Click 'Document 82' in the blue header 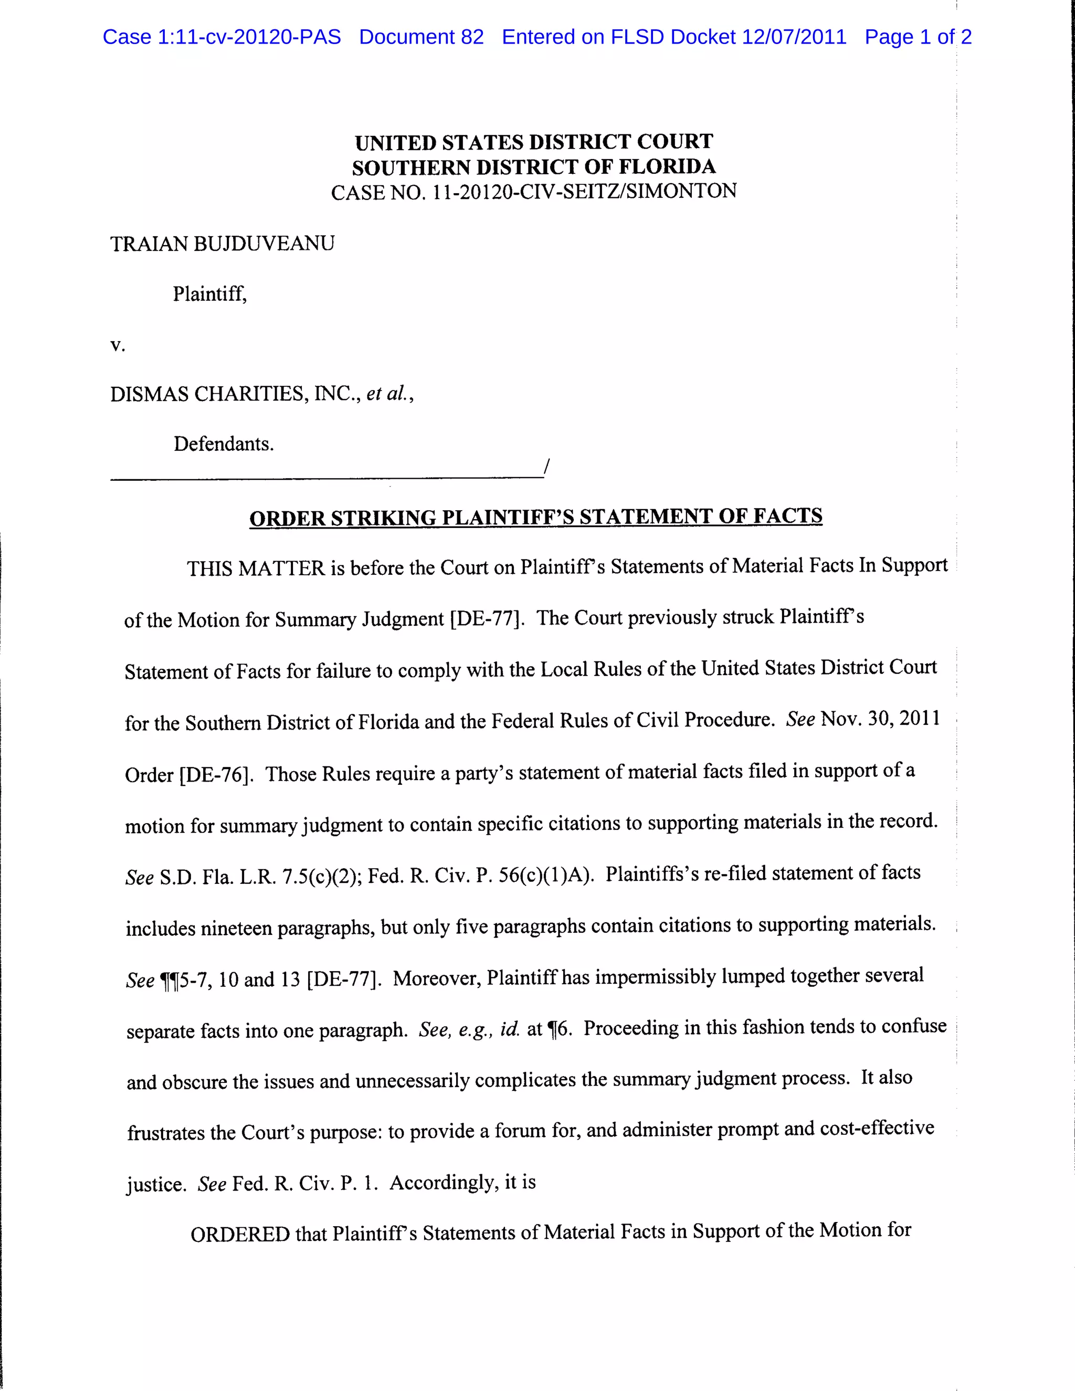click(421, 37)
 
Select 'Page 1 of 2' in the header click(918, 37)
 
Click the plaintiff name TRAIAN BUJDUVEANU click(222, 244)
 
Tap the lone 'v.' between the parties click(118, 345)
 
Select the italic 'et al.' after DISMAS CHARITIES click(388, 394)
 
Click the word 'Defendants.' click(224, 444)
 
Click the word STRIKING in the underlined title click(383, 518)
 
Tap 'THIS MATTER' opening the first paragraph click(256, 568)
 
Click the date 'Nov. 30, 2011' click(880, 719)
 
